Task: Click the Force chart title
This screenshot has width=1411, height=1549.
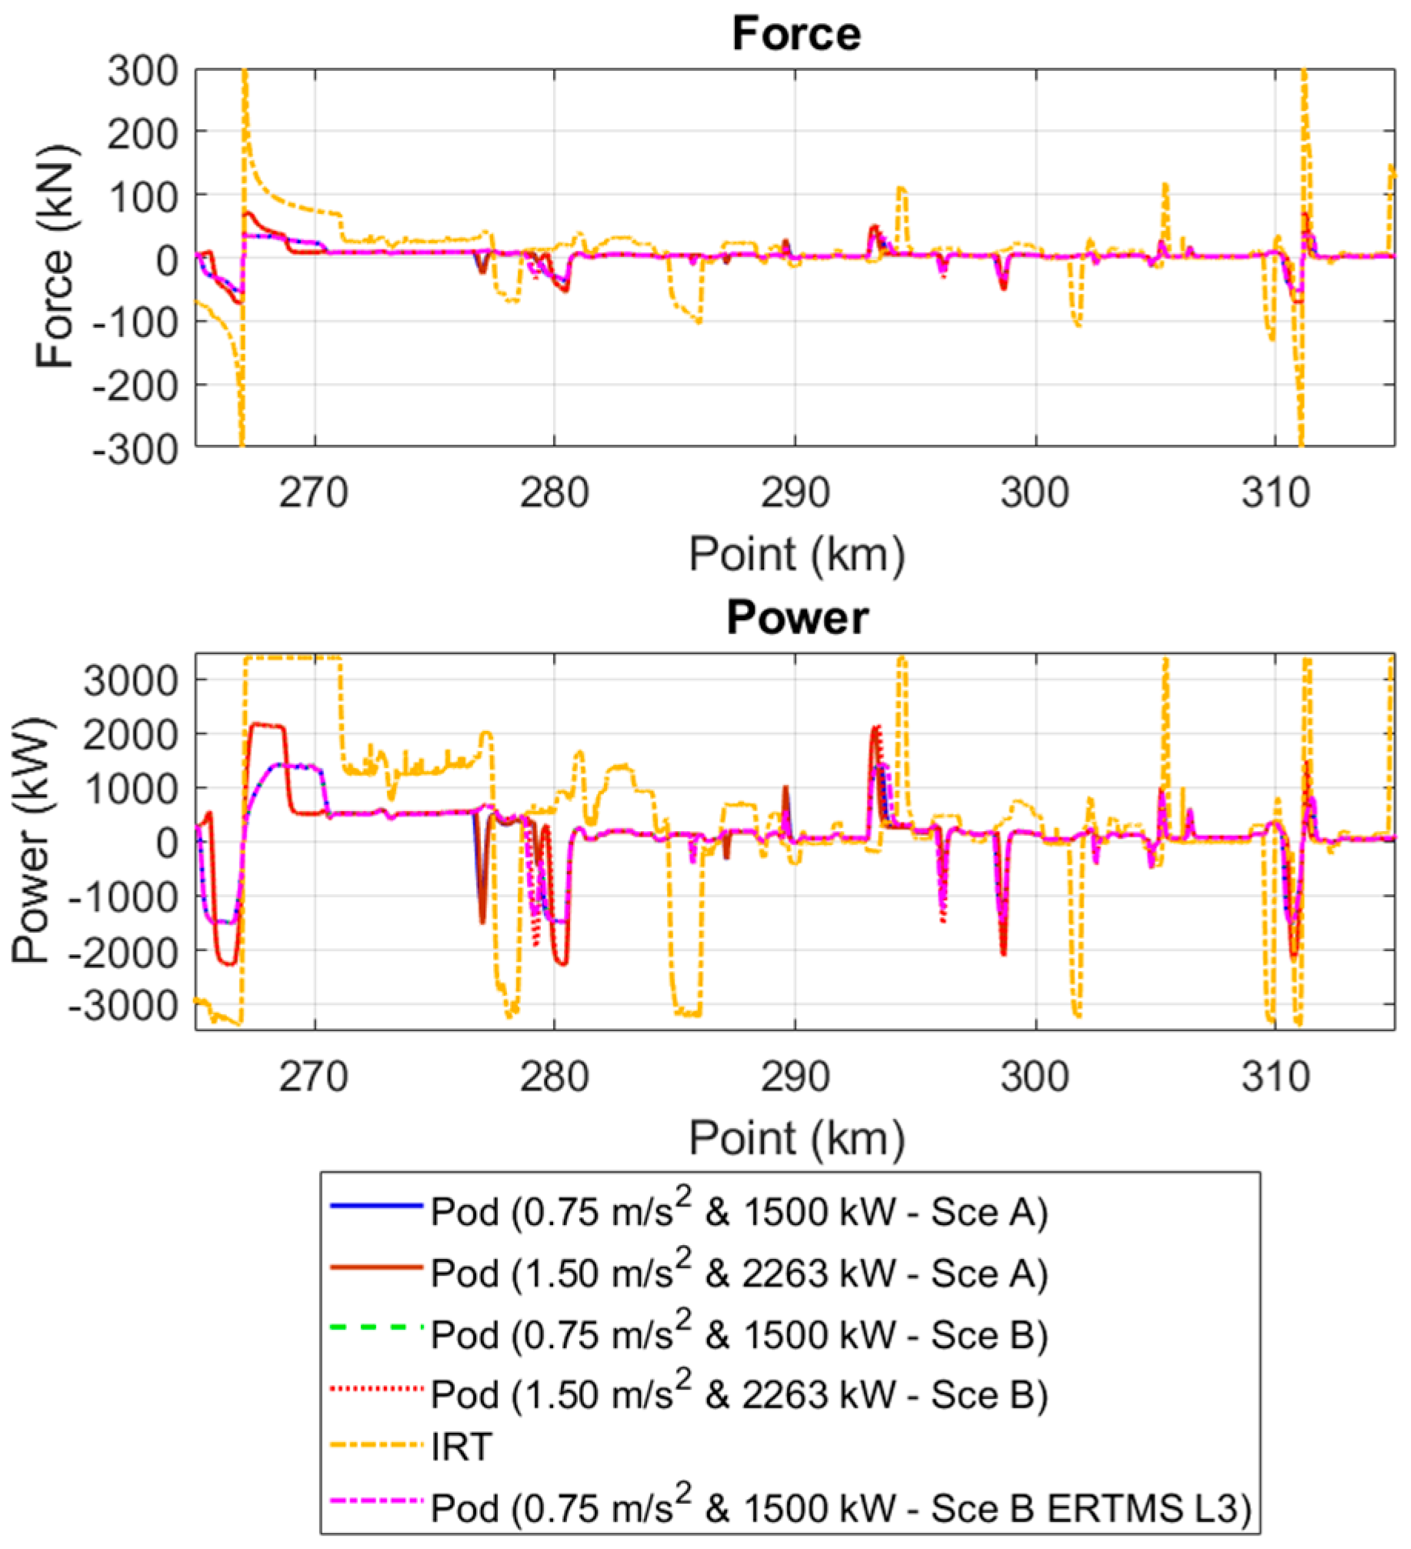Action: tap(796, 35)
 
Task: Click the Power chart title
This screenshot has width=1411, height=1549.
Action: tap(797, 618)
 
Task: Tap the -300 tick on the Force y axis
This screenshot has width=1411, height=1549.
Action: tap(135, 448)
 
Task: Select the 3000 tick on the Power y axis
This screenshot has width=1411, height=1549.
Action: tap(131, 681)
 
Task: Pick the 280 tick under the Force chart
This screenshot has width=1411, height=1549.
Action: tap(554, 493)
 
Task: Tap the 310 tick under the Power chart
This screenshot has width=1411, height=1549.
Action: tap(1275, 1077)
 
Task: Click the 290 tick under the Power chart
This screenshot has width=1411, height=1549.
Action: tap(795, 1077)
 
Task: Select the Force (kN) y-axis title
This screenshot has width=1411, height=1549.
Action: tap(55, 257)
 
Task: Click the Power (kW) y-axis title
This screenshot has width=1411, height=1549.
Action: tap(32, 840)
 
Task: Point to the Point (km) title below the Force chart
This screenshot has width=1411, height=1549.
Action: tap(796, 554)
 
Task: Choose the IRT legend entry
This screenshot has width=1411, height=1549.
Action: tap(462, 1447)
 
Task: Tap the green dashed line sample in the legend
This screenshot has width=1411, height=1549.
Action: tap(377, 1327)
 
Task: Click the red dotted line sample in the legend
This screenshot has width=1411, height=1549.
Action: tap(377, 1388)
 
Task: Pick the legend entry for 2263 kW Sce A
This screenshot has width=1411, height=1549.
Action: tap(739, 1274)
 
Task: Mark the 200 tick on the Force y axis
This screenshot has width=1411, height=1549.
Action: tap(143, 135)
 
